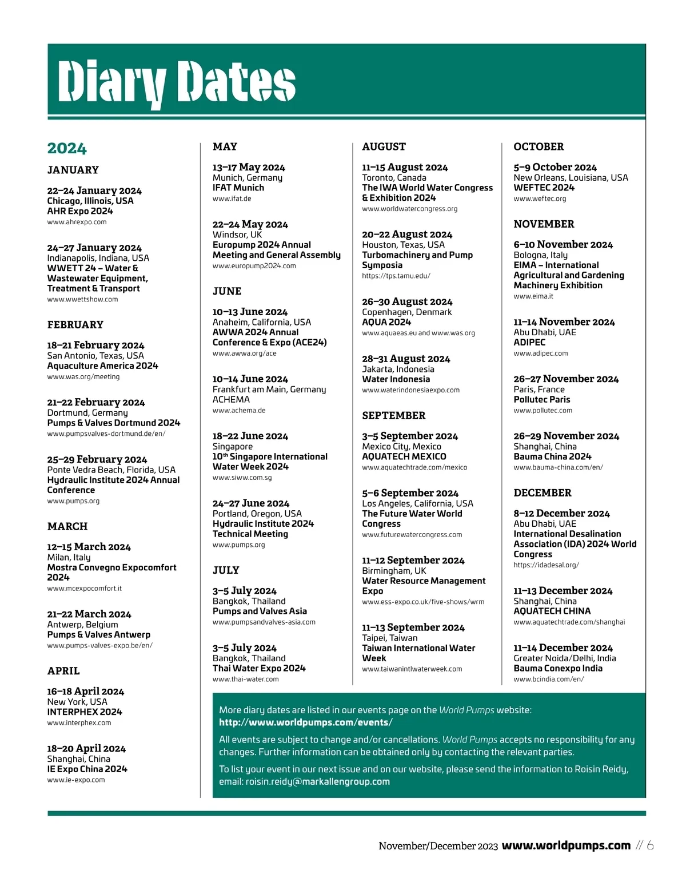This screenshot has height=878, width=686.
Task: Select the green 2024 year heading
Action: [x=67, y=149]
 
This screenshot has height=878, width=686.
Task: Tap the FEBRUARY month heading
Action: [x=75, y=325]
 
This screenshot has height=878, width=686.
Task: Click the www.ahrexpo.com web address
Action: [x=77, y=222]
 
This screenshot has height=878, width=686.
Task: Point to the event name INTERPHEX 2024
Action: [x=85, y=712]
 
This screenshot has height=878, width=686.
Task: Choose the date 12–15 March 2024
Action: [x=89, y=547]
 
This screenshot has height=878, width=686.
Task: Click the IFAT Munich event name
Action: [x=238, y=188]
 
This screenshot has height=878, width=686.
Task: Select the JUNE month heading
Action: [x=227, y=291]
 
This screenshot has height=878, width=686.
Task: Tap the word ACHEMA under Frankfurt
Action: [x=231, y=400]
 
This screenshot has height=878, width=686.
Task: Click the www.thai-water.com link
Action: [x=246, y=679]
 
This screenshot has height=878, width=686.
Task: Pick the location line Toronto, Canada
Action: [x=394, y=178]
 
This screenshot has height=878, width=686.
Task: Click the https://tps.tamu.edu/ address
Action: [x=396, y=276]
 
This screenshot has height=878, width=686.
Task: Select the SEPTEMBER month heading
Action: [x=394, y=416]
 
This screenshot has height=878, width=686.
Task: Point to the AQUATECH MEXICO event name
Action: [x=404, y=456]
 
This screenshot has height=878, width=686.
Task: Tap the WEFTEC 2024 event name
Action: [x=544, y=188]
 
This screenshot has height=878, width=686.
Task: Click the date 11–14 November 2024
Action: [x=564, y=322]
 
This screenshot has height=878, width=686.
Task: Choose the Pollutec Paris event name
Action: [x=542, y=400]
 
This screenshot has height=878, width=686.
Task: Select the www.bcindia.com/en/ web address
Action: [x=549, y=679]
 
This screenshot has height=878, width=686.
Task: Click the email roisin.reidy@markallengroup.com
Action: [x=318, y=781]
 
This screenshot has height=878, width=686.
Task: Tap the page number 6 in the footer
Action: [x=650, y=845]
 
